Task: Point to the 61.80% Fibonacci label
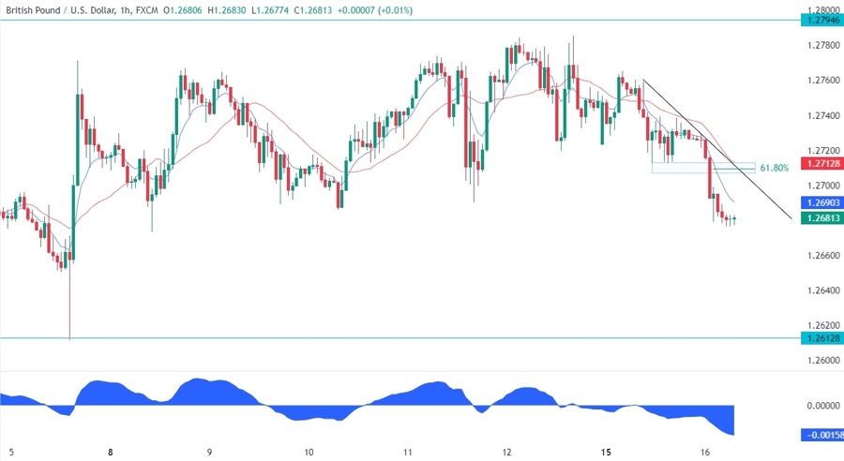pyautogui.click(x=774, y=168)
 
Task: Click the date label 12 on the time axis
pyautogui.click(x=507, y=452)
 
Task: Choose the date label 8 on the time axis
pyautogui.click(x=111, y=452)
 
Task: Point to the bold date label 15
pyautogui.click(x=607, y=452)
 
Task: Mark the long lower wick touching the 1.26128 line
pyautogui.click(x=70, y=309)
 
